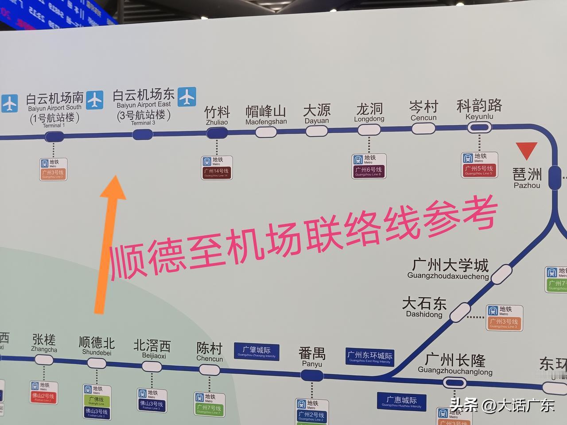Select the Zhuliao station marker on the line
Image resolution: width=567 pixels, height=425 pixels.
(217, 133)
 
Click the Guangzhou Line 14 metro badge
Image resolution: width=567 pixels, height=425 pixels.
(217, 167)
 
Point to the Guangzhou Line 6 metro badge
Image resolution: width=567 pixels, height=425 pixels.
(369, 166)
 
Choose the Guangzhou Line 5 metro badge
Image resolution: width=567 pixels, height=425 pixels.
(480, 164)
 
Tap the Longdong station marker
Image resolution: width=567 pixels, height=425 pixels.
(369, 130)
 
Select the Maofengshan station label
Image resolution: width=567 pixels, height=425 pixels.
(266, 115)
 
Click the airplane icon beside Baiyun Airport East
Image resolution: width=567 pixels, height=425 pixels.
(187, 97)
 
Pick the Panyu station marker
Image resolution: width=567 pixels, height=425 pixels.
(312, 375)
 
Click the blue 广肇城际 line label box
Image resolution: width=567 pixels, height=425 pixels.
(256, 351)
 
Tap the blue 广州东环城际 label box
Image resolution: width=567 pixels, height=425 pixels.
(370, 357)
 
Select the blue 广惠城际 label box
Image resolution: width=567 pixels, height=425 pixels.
(401, 402)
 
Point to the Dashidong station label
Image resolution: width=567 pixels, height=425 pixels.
(424, 307)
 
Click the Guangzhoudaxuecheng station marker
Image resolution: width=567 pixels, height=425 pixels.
(501, 274)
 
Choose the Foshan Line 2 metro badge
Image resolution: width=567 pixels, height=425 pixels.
(43, 392)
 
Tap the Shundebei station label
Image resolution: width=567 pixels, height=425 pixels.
(97, 346)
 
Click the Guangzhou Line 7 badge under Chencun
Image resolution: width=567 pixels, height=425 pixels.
(209, 404)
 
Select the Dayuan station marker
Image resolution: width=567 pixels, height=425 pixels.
(317, 131)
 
